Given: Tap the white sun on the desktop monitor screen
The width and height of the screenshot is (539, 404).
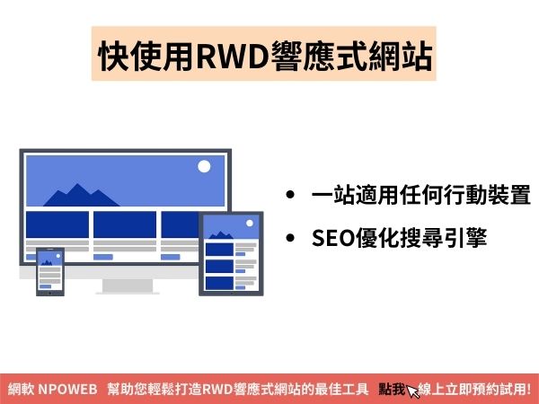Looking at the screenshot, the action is coord(204,166).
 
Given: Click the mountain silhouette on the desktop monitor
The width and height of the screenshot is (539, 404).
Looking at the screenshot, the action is coord(81,195).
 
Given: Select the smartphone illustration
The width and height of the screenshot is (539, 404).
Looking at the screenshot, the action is coord(50,271).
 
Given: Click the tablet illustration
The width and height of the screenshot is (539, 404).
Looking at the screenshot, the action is coord(231,253).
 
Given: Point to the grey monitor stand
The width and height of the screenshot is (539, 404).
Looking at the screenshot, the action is coord(128,286).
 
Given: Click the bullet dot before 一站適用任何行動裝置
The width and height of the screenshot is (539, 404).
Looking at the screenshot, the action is coord(290,195).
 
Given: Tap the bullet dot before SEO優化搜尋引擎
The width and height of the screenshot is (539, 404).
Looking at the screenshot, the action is coord(290,238).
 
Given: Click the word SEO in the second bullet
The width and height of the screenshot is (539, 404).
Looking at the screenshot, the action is coord(333,238).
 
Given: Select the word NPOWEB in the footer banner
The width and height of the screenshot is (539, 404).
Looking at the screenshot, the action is coord(67,390).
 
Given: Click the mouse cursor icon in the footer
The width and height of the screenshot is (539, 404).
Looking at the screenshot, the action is coord(412,391).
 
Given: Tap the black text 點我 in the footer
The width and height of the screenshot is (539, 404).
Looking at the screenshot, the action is coord(392,390).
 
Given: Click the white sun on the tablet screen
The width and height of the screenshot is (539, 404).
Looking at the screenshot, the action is coord(250,224).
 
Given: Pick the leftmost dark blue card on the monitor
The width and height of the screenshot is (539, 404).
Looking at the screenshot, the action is coord(57,224).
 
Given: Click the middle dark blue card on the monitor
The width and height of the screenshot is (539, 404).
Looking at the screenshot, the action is coord(125,224).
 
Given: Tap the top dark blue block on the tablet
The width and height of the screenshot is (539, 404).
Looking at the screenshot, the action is coord(220,250).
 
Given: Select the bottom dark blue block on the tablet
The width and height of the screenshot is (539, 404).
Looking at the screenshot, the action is coord(220,283).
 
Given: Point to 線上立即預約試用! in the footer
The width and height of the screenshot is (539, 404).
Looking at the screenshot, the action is coord(474,390).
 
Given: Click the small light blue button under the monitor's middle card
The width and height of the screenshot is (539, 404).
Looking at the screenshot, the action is coord(103,257).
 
